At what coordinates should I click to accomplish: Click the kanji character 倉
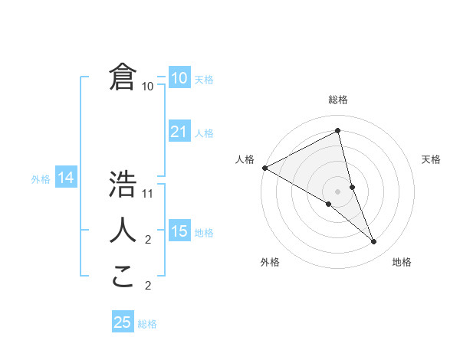pos(123,77)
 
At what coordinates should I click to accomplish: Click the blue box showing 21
pos(179,132)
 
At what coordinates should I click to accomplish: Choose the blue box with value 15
pos(179,231)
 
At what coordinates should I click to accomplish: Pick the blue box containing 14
pos(65,178)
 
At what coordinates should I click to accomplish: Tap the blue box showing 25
pos(123,322)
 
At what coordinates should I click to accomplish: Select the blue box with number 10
pos(179,78)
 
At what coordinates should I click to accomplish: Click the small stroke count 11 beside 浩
pos(149,194)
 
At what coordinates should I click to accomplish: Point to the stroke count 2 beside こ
pos(149,286)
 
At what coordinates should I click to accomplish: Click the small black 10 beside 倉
pos(148,87)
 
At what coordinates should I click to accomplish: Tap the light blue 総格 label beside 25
pos(147,324)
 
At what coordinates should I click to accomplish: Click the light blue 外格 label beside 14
pos(41,179)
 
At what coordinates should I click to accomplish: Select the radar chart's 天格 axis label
pos(432,159)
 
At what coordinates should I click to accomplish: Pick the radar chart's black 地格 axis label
pos(402,262)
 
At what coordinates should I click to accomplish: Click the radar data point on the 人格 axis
pos(264,167)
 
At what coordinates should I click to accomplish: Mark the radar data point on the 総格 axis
pos(337,130)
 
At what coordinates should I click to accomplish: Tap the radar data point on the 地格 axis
pos(374,242)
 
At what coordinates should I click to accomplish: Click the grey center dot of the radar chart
pos(337,191)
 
